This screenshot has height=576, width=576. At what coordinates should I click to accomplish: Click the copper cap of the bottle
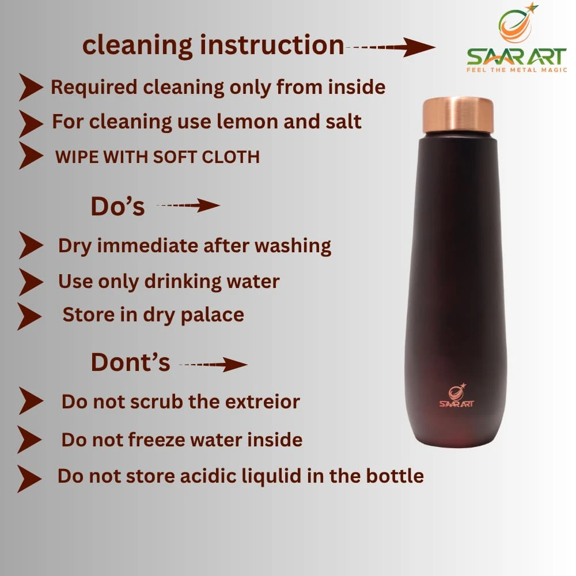click(x=458, y=116)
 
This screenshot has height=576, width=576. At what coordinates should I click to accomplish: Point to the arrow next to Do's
click(x=188, y=206)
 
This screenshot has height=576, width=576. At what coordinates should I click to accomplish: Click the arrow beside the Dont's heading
click(x=214, y=365)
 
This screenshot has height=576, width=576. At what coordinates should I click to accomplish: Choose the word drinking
click(x=183, y=282)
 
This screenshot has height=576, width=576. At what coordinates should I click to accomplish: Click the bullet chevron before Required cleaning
click(x=31, y=87)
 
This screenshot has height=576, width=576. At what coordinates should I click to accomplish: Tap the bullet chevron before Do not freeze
click(x=29, y=439)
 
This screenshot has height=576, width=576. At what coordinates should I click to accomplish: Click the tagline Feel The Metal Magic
click(x=517, y=70)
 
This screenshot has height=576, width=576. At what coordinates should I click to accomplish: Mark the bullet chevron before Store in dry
click(x=29, y=316)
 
